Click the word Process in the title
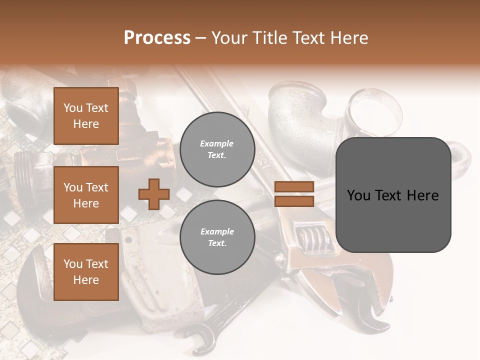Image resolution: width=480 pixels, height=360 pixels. (x=157, y=38)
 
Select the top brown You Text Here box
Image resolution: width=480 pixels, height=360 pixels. (x=86, y=116)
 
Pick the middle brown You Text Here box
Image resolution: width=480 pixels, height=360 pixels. (x=86, y=195)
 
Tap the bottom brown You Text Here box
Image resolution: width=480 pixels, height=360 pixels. (x=86, y=272)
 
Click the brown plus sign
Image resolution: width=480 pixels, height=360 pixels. (x=154, y=194)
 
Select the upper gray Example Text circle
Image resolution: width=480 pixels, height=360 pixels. (x=217, y=149)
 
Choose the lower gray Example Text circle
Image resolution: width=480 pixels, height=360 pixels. (x=217, y=237)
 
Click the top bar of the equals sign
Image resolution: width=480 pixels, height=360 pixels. (x=294, y=187)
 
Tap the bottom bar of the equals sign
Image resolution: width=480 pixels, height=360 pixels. (x=294, y=201)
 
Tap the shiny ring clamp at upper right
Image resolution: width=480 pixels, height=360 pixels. (x=375, y=107)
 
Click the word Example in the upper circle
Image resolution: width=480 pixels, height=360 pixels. (x=217, y=144)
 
